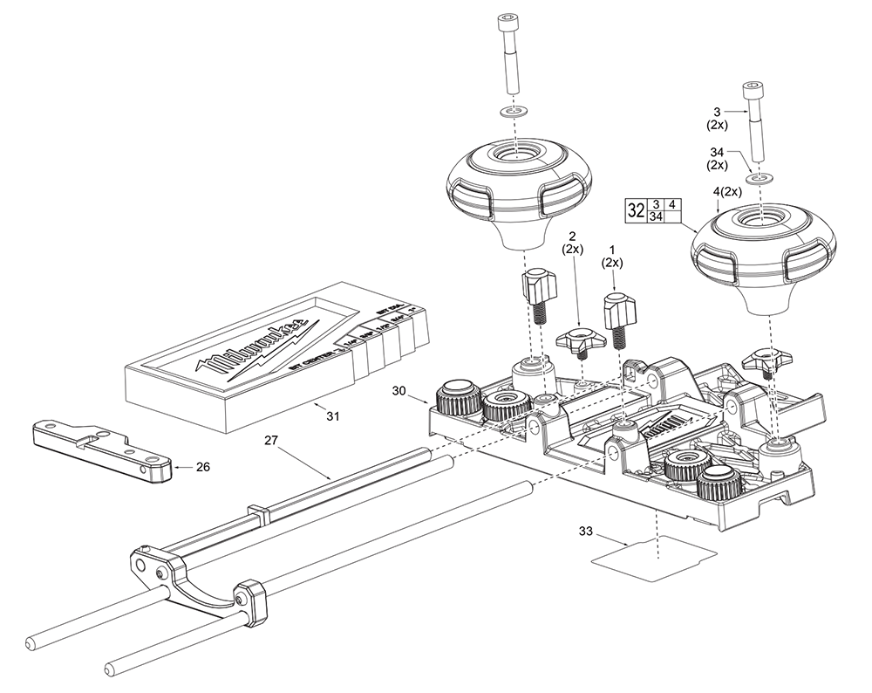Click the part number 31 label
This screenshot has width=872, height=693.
pos(332,416)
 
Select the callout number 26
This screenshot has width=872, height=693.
pos(202,467)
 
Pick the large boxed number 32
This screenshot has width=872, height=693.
pos(635,210)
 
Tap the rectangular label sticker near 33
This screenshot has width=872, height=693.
pos(654,556)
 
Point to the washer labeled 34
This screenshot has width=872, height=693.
pos(761,178)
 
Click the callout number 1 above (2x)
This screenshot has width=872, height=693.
pos(614,250)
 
